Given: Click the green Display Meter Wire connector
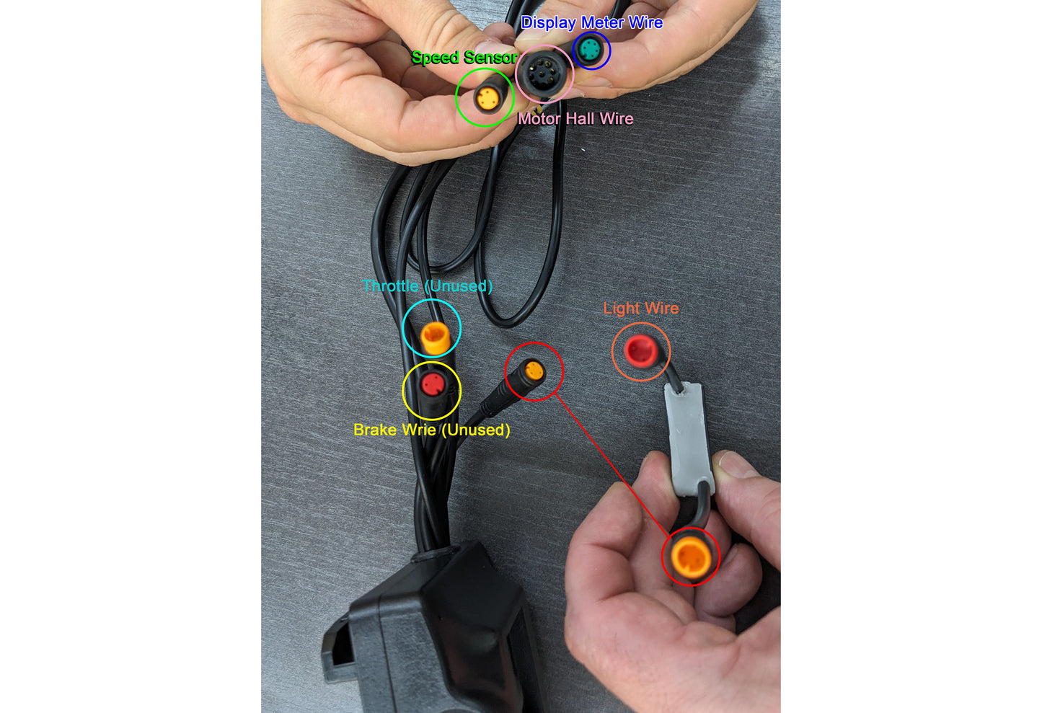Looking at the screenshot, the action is tap(591, 50).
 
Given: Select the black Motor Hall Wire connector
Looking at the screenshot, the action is tap(543, 74).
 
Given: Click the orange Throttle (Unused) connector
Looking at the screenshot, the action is tap(435, 337).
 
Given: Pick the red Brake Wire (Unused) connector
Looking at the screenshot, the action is tap(433, 384).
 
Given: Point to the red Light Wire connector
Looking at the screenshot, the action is tap(640, 350).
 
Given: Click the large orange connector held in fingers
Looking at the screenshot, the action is tap(691, 557).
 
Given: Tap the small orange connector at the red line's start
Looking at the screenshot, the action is tap(534, 371).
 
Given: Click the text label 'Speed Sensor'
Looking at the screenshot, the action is tap(464, 57).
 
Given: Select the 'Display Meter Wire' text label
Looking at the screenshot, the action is tap(592, 22).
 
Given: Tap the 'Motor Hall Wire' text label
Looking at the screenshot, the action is tap(575, 119).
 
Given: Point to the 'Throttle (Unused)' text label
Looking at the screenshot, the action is tap(427, 285).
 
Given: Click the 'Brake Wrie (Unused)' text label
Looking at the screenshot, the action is tap(432, 430).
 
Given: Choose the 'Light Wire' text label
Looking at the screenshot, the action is tap(641, 308).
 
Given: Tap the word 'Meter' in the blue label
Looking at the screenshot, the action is tap(602, 22).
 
